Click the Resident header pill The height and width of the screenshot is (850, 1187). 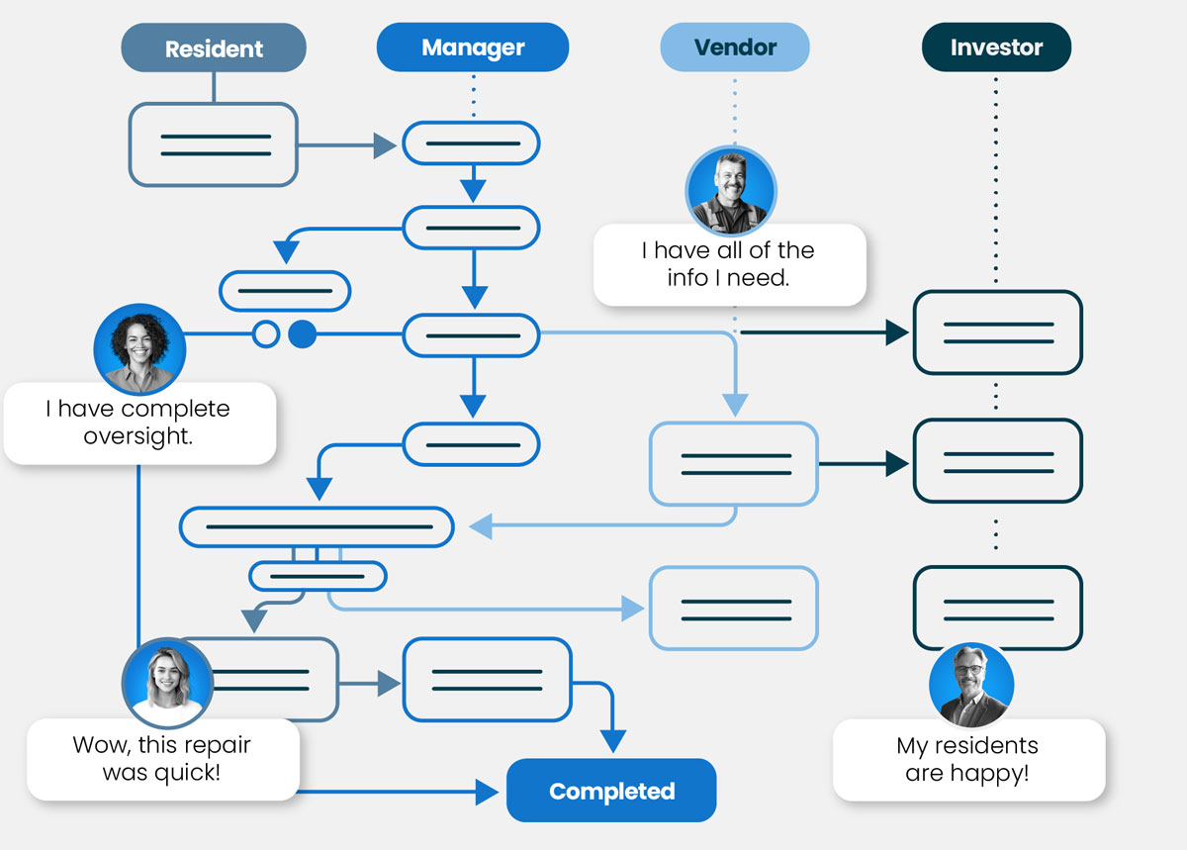[x=214, y=48]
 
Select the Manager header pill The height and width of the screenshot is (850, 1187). [x=473, y=47]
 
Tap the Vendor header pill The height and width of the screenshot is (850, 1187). [x=735, y=47]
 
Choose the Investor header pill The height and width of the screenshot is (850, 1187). [x=996, y=47]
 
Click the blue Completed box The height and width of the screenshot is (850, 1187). [x=611, y=791]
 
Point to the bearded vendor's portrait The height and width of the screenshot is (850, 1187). [x=731, y=190]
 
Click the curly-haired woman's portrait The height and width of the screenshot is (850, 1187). [x=139, y=349]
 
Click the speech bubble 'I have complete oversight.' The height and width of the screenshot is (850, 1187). [x=138, y=424]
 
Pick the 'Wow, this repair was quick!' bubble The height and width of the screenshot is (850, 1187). [x=162, y=759]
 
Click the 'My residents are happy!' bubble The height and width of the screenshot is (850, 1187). [x=967, y=760]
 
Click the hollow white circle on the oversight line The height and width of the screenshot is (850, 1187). [x=266, y=334]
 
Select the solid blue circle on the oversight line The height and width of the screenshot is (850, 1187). [x=302, y=334]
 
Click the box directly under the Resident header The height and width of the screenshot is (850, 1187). [x=213, y=144]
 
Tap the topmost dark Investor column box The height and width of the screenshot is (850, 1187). [x=997, y=332]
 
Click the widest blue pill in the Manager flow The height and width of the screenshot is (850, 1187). [x=317, y=526]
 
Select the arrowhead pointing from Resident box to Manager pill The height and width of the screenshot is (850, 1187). [x=385, y=146]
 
